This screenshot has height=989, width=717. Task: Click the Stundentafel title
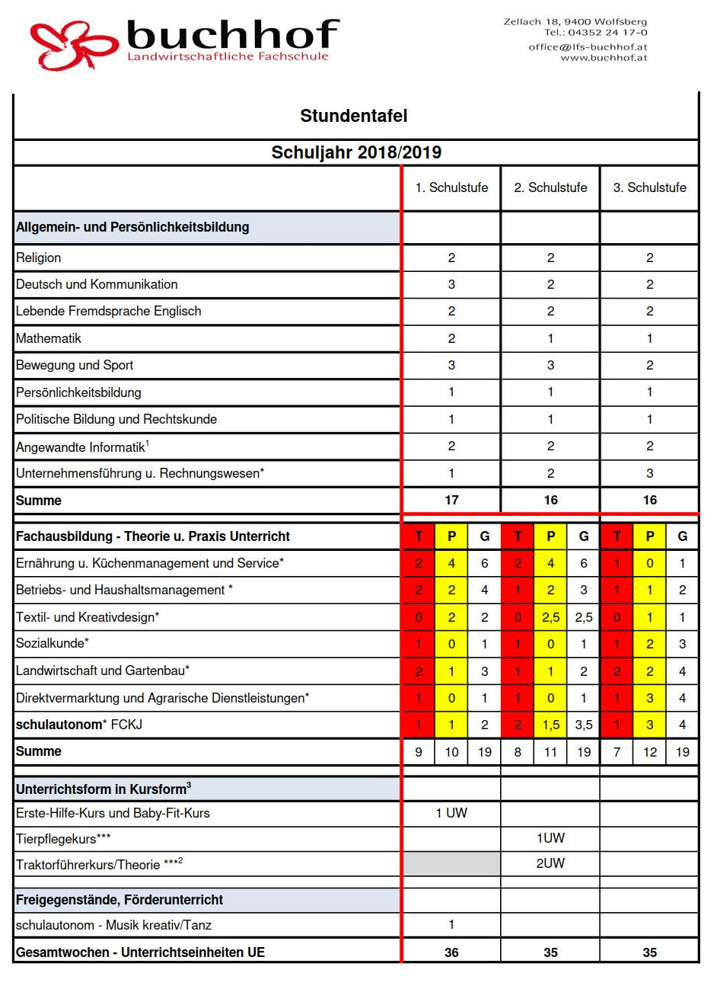pos(354,116)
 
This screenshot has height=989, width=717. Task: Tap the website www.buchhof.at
pos(604,58)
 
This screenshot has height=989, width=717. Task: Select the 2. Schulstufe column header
pos(550,187)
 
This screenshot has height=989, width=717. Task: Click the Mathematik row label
pos(49,338)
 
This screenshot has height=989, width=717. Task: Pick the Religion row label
pos(39,258)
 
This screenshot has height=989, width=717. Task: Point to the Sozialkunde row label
pos(53,643)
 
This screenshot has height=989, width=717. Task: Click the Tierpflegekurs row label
pos(63,839)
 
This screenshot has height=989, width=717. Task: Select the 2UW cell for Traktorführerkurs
pos(550,863)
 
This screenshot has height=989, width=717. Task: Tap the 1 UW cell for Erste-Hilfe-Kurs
pos(451,813)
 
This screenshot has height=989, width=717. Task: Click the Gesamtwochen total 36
pos(451,952)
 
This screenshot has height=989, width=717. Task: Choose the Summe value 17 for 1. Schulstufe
pos(451,500)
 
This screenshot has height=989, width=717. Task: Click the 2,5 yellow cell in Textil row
pos(550,617)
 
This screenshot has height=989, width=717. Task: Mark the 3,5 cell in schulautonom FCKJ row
pos(584,725)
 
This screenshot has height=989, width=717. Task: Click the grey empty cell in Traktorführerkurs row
pos(451,863)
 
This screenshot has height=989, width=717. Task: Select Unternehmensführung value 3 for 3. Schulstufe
pos(649,473)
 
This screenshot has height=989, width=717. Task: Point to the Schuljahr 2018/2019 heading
pos(356,152)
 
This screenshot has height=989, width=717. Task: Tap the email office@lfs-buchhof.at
pos(588,47)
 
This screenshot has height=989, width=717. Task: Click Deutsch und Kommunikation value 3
pos(451,284)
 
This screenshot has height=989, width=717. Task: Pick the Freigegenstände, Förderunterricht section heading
pos(120,900)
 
